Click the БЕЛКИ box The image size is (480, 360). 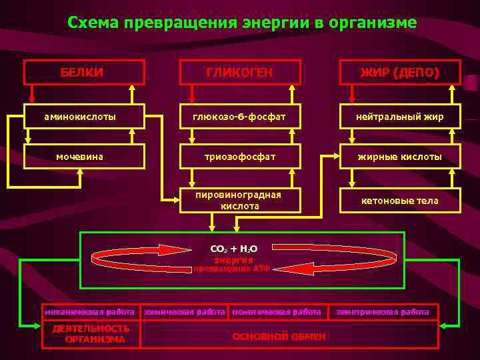[84, 72]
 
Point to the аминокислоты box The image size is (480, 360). [84, 117]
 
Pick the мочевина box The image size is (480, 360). [84, 157]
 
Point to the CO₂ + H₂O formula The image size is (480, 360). [233, 249]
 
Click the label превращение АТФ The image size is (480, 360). [231, 269]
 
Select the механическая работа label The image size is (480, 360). [89, 311]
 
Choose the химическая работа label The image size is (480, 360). [185, 311]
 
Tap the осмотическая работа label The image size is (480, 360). [276, 311]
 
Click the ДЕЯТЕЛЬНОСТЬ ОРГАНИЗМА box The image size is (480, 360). [92, 333]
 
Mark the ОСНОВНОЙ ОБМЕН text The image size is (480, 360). [279, 336]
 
